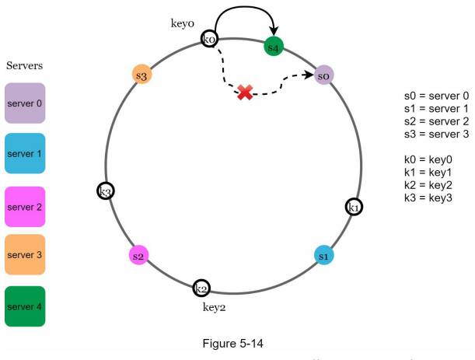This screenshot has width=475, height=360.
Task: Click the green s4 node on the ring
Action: [274, 47]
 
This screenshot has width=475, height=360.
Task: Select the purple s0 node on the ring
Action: [324, 75]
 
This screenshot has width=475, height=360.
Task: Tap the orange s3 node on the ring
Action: [141, 74]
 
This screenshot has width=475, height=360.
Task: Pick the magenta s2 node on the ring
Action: [138, 255]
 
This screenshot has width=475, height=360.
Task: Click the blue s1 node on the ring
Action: [324, 255]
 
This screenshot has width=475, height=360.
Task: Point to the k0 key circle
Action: [209, 38]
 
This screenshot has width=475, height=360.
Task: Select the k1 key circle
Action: [354, 207]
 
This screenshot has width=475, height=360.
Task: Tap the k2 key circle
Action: [201, 288]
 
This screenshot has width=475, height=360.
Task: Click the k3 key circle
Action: [106, 191]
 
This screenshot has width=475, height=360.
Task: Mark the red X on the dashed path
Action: [245, 92]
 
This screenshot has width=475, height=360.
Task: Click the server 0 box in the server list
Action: [25, 103]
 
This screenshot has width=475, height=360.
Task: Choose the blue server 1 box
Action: [25, 153]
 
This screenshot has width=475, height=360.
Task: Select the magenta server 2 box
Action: [25, 207]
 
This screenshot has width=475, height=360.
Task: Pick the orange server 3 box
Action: [25, 254]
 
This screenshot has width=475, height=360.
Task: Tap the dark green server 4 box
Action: [25, 306]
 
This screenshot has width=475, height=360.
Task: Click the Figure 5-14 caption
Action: [232, 344]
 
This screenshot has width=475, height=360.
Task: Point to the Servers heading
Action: [24, 65]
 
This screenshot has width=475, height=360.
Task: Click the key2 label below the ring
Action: [214, 307]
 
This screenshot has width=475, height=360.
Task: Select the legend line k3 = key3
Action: [428, 197]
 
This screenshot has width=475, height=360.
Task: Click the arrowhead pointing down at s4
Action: [274, 31]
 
